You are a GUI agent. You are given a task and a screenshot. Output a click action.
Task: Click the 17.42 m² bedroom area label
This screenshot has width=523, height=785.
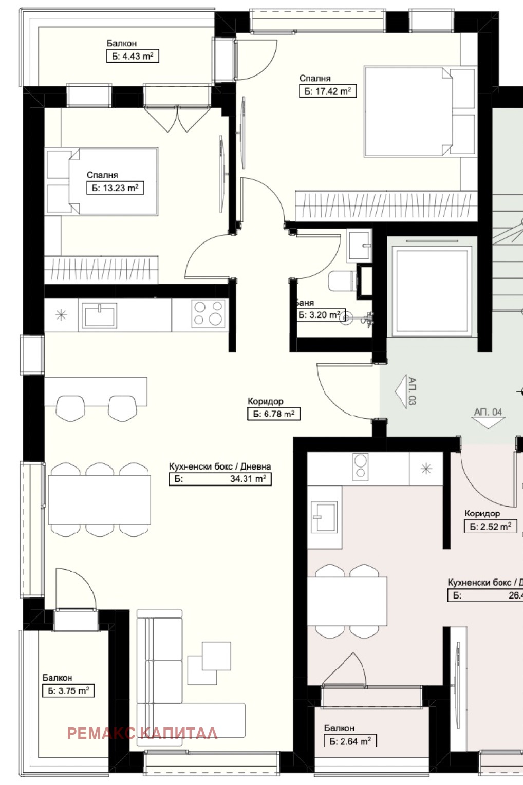click(328, 91)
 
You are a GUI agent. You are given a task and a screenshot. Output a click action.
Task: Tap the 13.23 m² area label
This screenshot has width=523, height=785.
click(115, 188)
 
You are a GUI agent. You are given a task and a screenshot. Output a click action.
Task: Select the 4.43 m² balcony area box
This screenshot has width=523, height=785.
click(133, 56)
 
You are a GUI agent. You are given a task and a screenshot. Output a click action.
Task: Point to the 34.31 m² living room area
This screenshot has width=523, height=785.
click(220, 479)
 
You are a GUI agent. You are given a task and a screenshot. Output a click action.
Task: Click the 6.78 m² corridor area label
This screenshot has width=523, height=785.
click(274, 414)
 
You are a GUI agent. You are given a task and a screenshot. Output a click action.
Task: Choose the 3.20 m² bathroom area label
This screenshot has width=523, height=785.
click(320, 315)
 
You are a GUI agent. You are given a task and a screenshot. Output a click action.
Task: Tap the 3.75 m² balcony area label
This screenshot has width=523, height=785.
click(68, 691)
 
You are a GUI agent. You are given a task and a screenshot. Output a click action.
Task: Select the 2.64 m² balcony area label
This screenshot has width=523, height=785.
click(350, 741)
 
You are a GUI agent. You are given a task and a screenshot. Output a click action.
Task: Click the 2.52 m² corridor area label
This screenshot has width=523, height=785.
click(491, 527)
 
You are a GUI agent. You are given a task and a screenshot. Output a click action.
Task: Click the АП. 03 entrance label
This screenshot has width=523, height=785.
click(412, 391)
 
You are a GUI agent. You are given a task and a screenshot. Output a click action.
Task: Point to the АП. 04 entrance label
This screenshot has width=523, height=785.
click(488, 412)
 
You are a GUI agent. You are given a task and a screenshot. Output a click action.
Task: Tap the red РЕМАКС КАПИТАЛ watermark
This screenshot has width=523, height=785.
click(142, 734)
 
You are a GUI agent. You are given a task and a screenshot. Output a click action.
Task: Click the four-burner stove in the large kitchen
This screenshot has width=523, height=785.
click(209, 313)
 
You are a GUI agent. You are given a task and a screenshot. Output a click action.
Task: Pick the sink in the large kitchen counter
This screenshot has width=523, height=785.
click(99, 315)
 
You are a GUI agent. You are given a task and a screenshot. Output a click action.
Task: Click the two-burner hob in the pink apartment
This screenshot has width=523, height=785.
click(361, 466)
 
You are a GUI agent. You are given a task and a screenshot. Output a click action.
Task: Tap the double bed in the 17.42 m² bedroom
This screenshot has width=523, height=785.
click(420, 111)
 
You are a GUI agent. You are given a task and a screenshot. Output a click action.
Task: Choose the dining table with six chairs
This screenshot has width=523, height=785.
click(100, 499)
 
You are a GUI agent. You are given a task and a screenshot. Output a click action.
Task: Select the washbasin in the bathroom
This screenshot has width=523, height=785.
click(359, 246)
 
